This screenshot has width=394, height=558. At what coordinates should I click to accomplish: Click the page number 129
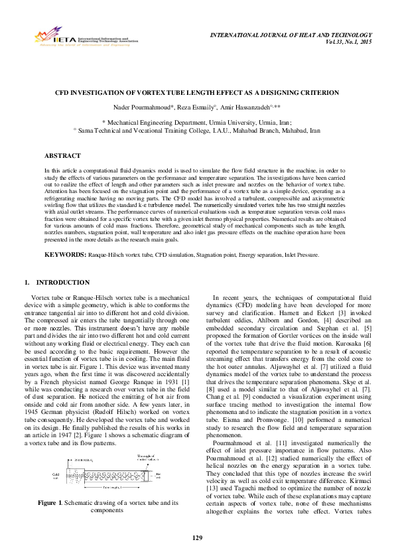tap(196, 537)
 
